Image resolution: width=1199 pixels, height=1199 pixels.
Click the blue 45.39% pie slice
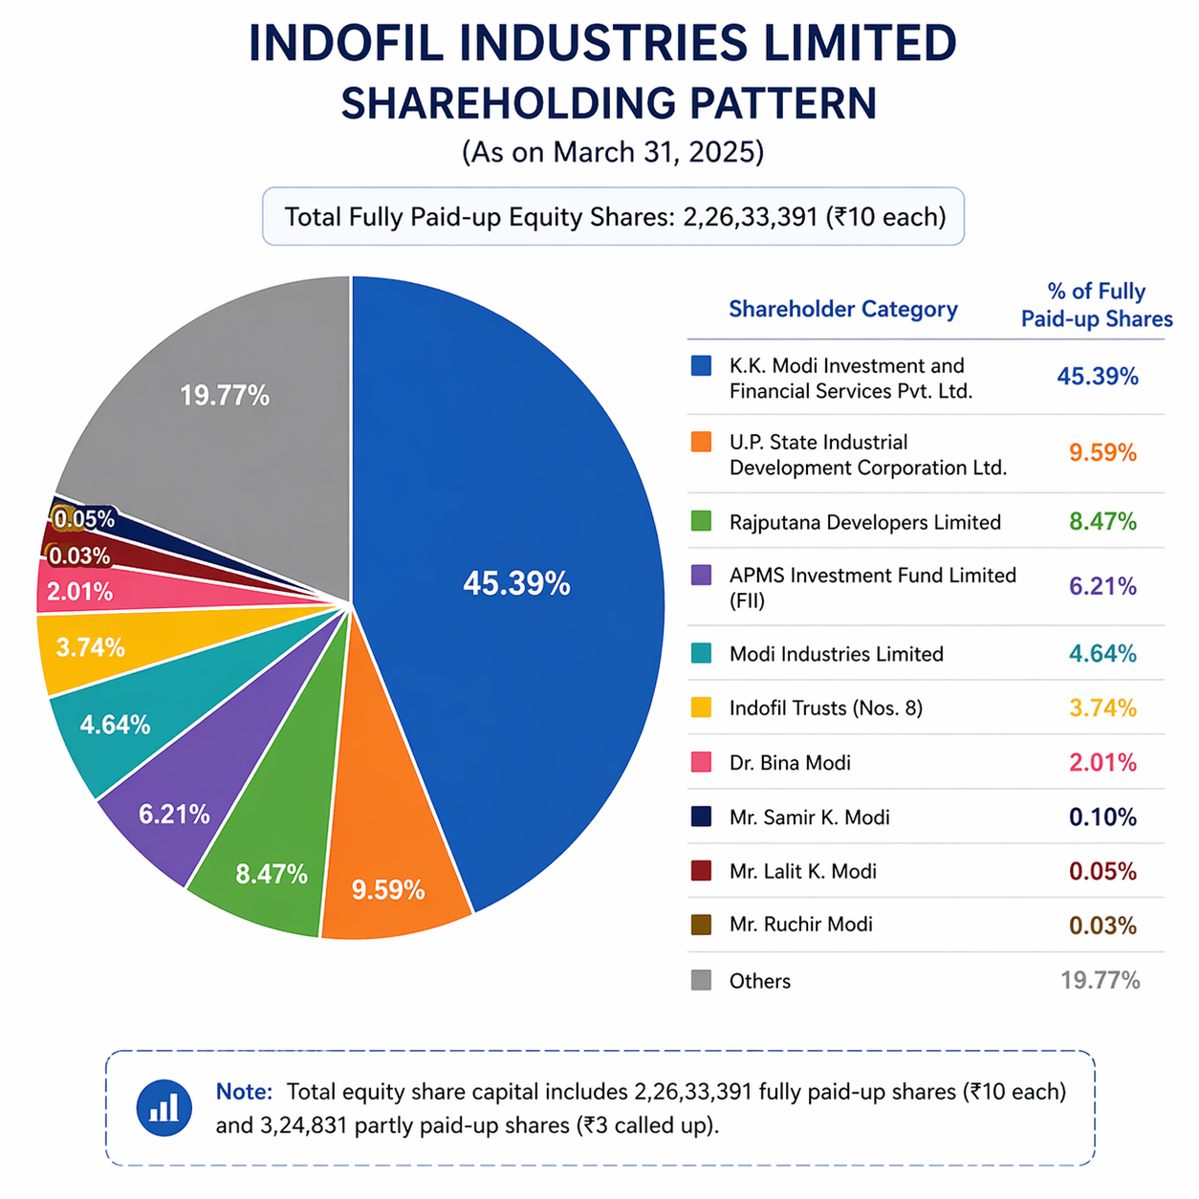[x=516, y=583]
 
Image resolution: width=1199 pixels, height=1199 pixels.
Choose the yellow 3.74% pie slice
[x=91, y=648]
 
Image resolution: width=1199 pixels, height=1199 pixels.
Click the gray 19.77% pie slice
[x=225, y=395]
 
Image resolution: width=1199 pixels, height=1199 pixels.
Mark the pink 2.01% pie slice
[x=81, y=593]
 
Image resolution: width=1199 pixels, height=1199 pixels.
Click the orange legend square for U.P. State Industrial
[x=701, y=442]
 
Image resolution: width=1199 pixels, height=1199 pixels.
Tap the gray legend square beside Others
[x=701, y=980]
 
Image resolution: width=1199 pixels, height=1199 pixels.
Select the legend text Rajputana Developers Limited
[x=864, y=522]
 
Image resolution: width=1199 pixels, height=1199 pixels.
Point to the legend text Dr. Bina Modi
[x=790, y=763]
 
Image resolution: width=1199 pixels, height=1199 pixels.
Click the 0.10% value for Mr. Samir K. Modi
[x=1102, y=817]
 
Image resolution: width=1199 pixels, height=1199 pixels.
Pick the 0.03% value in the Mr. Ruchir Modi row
[x=1102, y=926]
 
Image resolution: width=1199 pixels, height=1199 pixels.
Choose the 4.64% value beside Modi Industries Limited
[x=1102, y=654]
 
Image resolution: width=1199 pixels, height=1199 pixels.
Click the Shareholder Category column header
[x=842, y=309]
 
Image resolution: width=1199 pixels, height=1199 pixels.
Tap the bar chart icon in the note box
[x=164, y=1108]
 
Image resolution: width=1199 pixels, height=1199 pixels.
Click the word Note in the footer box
[x=244, y=1092]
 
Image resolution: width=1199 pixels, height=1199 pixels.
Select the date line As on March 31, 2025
[x=612, y=153]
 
